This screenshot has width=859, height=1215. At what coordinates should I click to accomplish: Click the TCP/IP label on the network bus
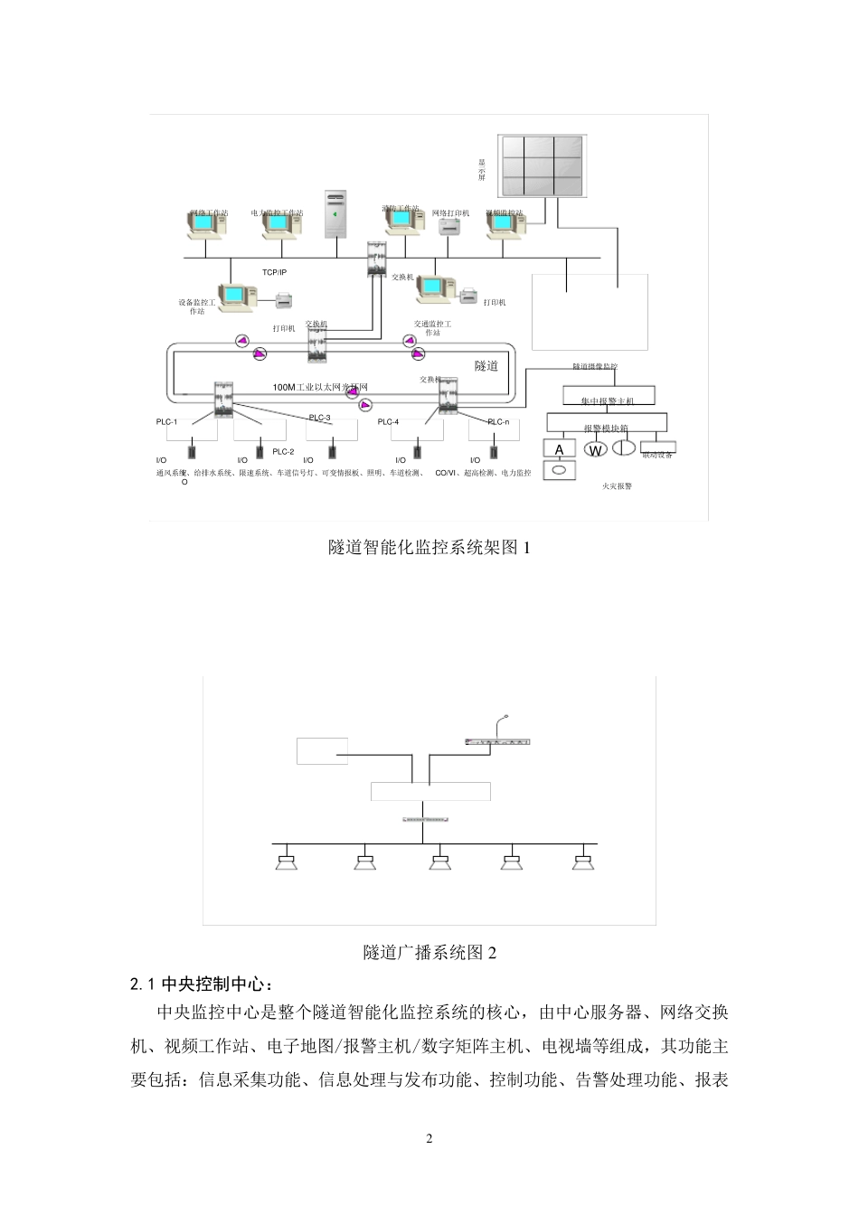point(274,272)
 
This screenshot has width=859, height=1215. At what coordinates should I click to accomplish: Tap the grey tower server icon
point(335,214)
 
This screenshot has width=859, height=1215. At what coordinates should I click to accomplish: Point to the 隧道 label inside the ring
point(486,366)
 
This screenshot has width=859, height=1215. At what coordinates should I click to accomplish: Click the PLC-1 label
point(167,422)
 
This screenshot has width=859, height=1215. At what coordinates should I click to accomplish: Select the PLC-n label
point(498,422)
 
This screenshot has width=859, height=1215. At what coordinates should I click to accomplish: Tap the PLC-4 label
point(388,422)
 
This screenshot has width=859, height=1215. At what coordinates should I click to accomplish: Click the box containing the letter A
point(559,448)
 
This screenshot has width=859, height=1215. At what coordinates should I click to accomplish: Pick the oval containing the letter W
point(595,449)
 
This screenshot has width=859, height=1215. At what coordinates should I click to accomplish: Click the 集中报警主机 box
point(609,397)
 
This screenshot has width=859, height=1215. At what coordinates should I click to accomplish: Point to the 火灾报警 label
point(617,485)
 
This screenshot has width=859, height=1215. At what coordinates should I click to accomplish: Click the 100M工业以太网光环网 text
point(320,387)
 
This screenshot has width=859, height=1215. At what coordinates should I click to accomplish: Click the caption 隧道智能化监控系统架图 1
point(429,547)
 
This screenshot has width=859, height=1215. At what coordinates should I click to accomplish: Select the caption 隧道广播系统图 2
point(429,952)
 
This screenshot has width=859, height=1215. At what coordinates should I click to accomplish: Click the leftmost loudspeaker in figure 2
point(288,861)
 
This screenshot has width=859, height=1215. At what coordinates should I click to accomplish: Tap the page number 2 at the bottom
point(429,1138)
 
